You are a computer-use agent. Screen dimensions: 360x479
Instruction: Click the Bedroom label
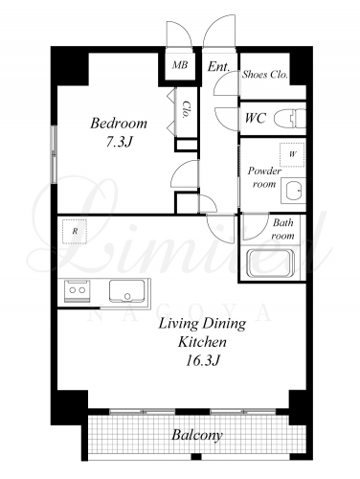119,124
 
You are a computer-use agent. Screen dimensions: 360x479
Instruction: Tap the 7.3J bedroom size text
119,142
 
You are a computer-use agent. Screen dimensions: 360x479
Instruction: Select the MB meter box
180,65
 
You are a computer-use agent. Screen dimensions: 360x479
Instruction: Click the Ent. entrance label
218,67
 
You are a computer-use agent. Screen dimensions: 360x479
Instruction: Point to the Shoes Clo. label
265,75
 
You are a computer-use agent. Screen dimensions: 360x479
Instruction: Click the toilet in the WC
290,119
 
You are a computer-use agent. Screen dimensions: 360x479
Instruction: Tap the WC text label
256,119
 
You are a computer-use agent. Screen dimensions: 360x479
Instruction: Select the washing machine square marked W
292,154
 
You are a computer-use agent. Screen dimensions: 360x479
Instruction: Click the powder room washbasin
293,191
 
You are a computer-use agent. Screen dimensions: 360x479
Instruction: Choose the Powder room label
264,177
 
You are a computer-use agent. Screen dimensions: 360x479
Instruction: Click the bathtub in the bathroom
271,263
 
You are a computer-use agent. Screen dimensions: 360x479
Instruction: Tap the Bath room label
282,229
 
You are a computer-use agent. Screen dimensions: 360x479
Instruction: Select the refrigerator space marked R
75,232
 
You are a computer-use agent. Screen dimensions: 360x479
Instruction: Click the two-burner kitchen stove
78,290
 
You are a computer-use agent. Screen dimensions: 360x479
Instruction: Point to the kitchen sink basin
127,290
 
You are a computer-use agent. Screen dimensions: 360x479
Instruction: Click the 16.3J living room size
202,361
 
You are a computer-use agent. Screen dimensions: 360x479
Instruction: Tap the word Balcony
197,435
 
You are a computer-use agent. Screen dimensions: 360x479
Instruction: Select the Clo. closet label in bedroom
186,110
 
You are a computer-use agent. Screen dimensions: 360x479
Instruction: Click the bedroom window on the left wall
55,154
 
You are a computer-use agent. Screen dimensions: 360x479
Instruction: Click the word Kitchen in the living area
202,342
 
